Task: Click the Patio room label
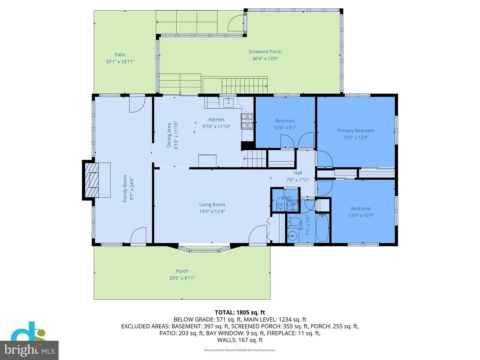[120, 55]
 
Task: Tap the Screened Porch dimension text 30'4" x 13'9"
[265, 59]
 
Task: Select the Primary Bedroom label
[356, 131]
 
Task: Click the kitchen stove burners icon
[247, 121]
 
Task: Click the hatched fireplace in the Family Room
[92, 180]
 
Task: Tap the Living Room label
[212, 205]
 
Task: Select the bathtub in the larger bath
[322, 228]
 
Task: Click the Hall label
[298, 173]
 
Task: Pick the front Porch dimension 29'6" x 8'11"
[182, 278]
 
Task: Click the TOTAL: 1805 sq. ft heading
[240, 312]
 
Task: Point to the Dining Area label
[169, 135]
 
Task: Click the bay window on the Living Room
[204, 249]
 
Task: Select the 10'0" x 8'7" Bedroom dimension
[285, 128]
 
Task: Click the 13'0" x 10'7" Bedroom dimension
[361, 215]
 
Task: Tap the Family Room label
[125, 188]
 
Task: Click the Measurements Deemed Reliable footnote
[240, 350]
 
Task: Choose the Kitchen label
[216, 120]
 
